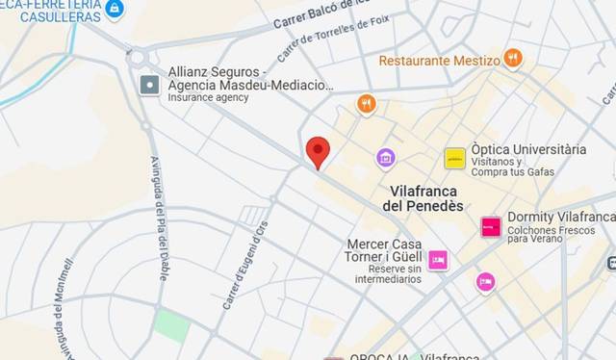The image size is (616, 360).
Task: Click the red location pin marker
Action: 318,152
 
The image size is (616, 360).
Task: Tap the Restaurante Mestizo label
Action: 439,60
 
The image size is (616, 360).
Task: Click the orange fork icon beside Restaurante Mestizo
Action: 513,58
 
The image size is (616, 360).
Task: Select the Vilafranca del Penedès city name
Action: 423,198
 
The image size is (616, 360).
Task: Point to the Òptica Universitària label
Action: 527,149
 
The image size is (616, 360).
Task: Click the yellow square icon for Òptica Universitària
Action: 454,159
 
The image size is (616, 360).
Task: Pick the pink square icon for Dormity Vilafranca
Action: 491,227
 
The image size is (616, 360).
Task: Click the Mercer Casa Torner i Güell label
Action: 384,251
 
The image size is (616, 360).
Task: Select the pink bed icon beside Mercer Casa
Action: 438,260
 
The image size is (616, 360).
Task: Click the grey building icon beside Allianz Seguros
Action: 149,85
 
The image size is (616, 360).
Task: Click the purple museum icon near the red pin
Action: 386,157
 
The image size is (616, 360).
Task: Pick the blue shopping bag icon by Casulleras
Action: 115,9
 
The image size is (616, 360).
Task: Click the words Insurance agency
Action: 208,97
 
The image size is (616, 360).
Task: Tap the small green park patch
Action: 172,324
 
